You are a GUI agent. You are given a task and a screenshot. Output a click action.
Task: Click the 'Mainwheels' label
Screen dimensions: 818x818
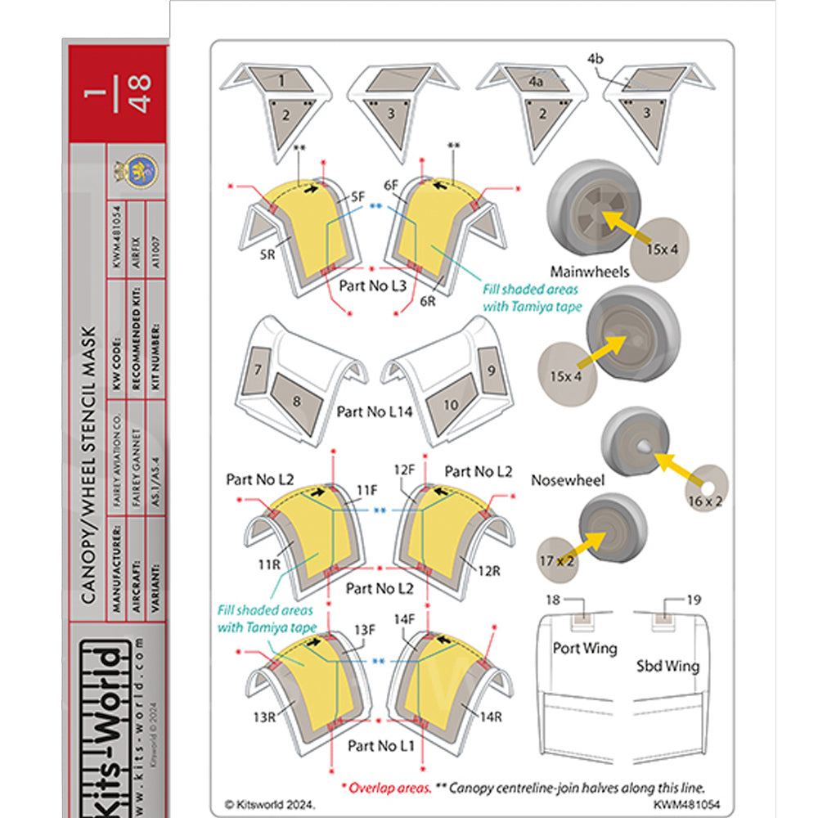click(x=589, y=272)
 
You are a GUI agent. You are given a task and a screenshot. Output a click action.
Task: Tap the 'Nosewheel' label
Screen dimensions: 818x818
click(x=568, y=480)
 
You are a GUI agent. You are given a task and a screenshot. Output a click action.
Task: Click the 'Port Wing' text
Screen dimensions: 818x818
click(x=585, y=649)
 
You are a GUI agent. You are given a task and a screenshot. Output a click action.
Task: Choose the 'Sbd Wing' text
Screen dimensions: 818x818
click(x=667, y=666)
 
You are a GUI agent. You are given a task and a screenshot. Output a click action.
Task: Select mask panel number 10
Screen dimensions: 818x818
click(x=451, y=404)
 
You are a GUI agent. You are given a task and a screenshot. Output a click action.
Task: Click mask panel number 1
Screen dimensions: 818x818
click(x=281, y=81)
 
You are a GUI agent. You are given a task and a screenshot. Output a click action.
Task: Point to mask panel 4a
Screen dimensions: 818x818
click(x=537, y=82)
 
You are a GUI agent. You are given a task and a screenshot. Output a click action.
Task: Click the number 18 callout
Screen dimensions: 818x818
click(x=554, y=600)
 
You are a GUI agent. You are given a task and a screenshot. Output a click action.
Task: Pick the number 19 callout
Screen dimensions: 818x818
click(x=694, y=600)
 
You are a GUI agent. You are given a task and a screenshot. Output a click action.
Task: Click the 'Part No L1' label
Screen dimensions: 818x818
click(x=375, y=746)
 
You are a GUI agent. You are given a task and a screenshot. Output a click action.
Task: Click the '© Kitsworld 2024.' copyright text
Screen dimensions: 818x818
click(x=269, y=805)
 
